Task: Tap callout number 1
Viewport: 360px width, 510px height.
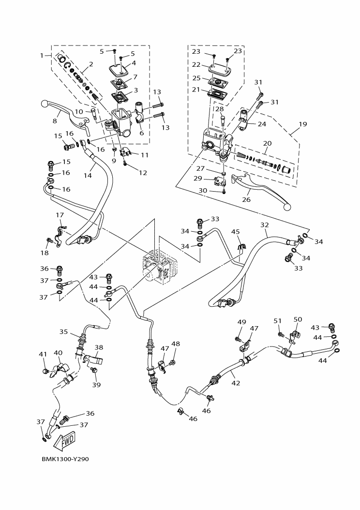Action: click(42, 56)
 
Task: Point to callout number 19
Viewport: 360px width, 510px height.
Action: click(302, 124)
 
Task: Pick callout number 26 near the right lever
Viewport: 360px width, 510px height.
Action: click(246, 198)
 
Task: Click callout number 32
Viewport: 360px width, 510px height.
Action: click(264, 225)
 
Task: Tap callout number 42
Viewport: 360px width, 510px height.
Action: click(236, 383)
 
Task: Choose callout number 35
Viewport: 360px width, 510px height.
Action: click(63, 332)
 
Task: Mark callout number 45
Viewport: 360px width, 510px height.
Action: click(235, 232)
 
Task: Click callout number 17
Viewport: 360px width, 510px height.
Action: click(60, 215)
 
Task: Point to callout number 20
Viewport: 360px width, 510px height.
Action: click(267, 143)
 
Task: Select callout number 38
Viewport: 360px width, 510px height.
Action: click(99, 347)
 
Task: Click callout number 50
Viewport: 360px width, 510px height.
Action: click(298, 319)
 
